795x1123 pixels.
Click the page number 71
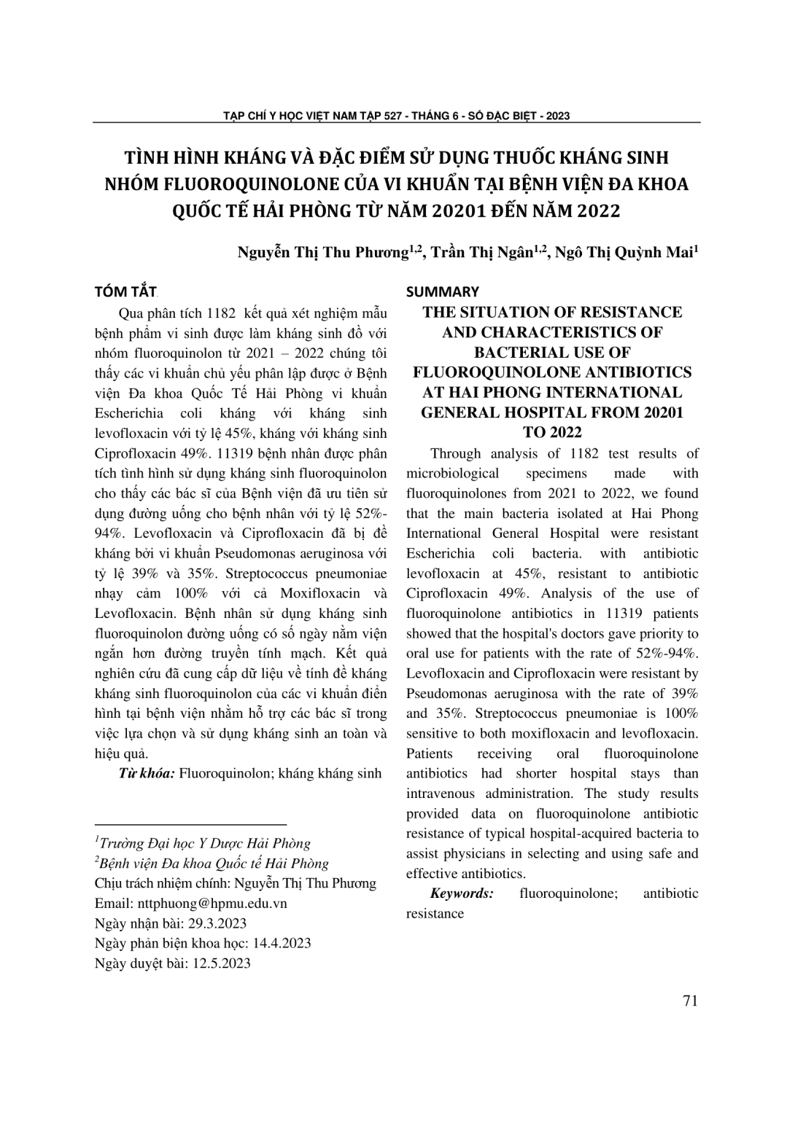click(690, 1001)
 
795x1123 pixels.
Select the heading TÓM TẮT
click(125, 292)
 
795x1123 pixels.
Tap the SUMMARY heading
click(442, 292)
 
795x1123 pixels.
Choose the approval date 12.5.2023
click(220, 963)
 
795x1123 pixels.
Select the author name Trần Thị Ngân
click(482, 253)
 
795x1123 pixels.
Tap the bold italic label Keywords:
click(462, 893)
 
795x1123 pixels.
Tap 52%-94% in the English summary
click(667, 653)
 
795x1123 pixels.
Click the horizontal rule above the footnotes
click(191, 822)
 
